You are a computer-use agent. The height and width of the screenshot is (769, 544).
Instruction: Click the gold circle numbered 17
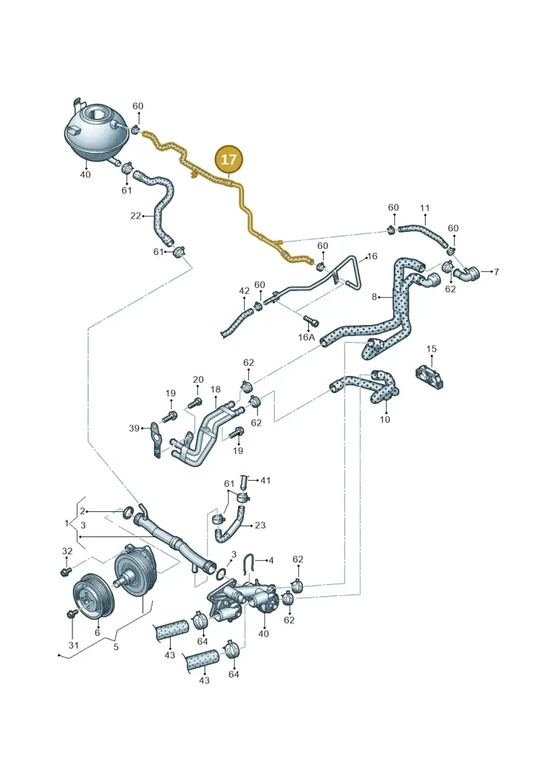228,159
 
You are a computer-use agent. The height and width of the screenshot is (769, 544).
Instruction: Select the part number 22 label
135,216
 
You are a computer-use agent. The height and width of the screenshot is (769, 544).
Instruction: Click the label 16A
306,337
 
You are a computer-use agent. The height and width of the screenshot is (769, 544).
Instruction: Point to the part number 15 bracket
430,376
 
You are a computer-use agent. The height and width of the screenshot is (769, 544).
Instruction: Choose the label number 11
425,208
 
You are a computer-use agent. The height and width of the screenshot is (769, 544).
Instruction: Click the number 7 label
496,272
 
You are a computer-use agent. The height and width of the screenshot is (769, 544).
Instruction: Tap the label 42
244,291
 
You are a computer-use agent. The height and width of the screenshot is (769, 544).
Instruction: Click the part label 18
216,390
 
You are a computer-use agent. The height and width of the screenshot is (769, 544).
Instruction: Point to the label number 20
198,379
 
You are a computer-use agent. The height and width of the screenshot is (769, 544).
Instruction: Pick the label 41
265,481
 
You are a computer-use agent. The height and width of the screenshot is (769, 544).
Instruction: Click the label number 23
260,526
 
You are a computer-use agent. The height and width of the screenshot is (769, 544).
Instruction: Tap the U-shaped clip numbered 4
249,564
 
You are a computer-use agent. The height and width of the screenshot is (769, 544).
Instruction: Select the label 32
67,551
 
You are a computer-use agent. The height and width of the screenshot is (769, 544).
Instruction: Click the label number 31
73,645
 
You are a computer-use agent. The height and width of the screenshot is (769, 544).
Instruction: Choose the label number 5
116,647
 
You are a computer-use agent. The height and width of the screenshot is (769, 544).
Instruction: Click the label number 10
385,420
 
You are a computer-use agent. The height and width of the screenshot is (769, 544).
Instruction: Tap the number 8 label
375,296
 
